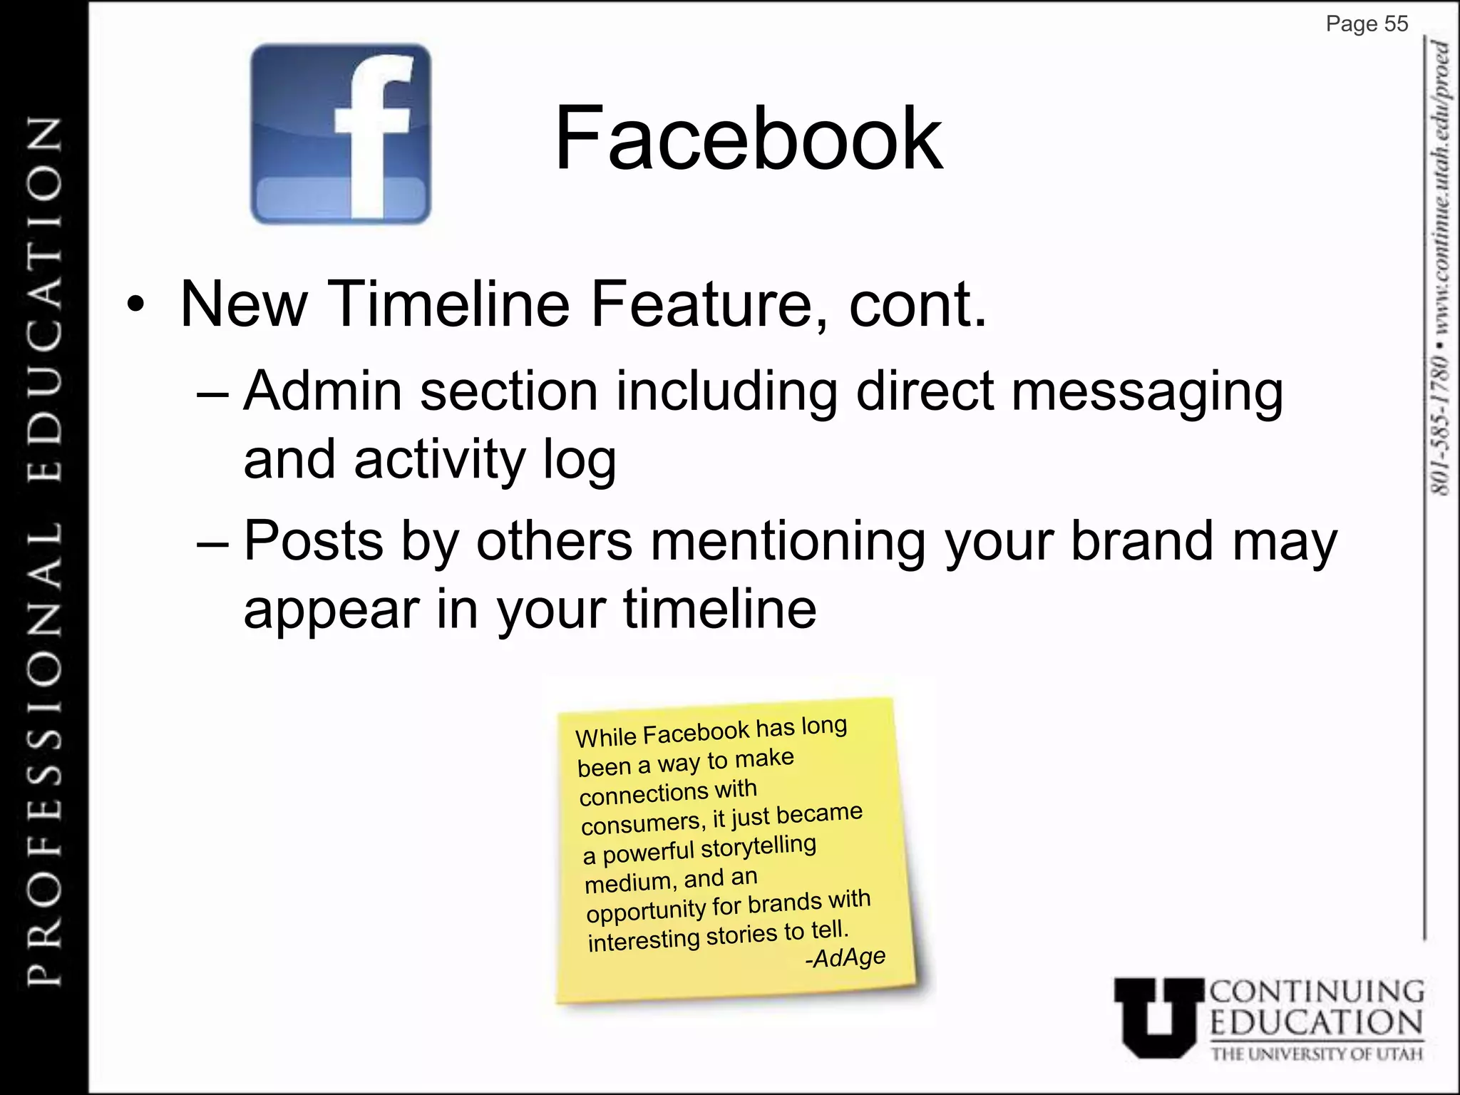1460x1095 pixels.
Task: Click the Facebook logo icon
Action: pyautogui.click(x=341, y=134)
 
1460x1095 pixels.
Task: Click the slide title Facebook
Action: pyautogui.click(x=748, y=138)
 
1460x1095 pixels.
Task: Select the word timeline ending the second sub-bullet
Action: pyautogui.click(x=719, y=610)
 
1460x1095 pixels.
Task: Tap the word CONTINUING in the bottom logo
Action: pyautogui.click(x=1316, y=992)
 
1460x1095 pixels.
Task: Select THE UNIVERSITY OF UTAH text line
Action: pyautogui.click(x=1316, y=1054)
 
